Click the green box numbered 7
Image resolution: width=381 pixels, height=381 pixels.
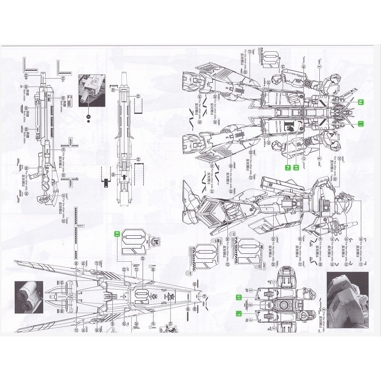[360, 102]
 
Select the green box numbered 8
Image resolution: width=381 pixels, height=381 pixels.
[360, 124]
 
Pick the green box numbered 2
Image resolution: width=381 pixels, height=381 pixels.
[288, 167]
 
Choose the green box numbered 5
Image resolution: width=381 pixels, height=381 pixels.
[239, 297]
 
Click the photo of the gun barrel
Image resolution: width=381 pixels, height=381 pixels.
[92, 90]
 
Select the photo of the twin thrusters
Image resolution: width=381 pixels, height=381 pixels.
[29, 297]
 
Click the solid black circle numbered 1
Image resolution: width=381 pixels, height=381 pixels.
[88, 116]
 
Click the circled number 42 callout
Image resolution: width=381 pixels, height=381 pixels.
[113, 90]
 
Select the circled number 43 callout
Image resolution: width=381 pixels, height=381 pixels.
[138, 97]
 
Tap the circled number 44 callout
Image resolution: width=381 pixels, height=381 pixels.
[138, 160]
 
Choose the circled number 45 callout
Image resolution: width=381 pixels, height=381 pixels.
[113, 174]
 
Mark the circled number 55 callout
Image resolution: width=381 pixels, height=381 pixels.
[63, 98]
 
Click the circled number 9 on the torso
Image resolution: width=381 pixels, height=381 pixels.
[250, 305]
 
